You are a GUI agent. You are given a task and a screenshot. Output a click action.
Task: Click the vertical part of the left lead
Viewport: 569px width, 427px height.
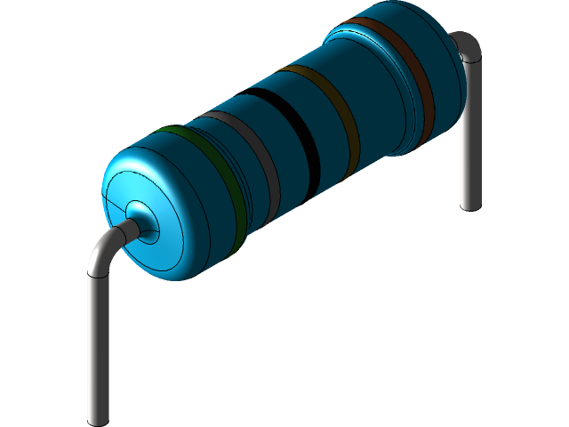click(x=98, y=347)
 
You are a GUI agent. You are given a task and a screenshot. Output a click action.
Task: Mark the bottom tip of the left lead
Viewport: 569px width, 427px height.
click(x=98, y=416)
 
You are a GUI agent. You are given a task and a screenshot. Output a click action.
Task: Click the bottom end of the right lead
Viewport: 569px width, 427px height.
click(x=469, y=203)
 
